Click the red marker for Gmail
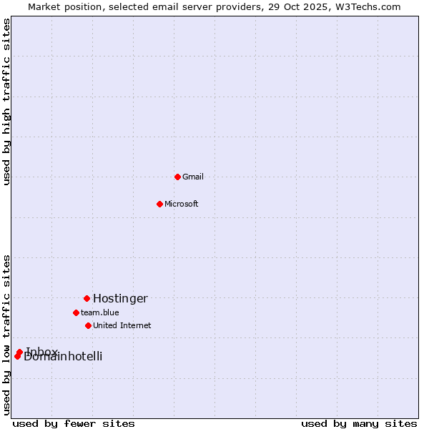pyautogui.click(x=177, y=177)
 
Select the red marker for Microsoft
pyautogui.click(x=160, y=204)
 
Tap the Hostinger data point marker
pyautogui.click(x=87, y=298)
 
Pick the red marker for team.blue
pyautogui.click(x=76, y=312)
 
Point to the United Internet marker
pyautogui.click(x=88, y=325)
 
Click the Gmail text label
pyautogui.click(x=193, y=177)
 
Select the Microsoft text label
pyautogui.click(x=182, y=204)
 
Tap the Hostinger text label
pyautogui.click(x=120, y=298)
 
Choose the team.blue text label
pyautogui.click(x=100, y=312)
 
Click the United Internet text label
pyautogui.click(x=122, y=325)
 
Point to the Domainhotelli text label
pyautogui.click(x=64, y=357)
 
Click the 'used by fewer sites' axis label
pyautogui.click(x=74, y=423)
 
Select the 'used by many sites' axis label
pyautogui.click(x=359, y=423)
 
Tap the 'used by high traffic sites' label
pyautogui.click(x=6, y=102)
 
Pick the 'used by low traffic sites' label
pyautogui.click(x=6, y=334)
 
